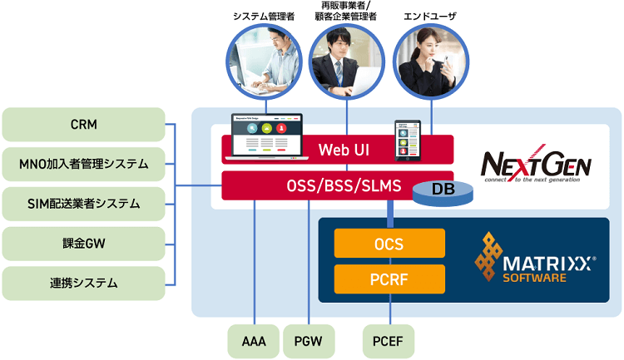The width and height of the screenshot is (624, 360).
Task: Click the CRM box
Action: point(83,125)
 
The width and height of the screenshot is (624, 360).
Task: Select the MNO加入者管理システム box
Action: point(83,164)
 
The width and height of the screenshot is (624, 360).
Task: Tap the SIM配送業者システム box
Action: point(83,203)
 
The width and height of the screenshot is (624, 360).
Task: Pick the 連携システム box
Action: point(83,283)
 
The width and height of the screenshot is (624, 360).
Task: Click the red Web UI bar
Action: point(337,150)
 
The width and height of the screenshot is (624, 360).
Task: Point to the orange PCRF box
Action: point(389,279)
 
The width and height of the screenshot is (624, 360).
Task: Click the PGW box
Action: point(308,341)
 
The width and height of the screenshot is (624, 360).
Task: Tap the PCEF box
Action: point(389,341)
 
